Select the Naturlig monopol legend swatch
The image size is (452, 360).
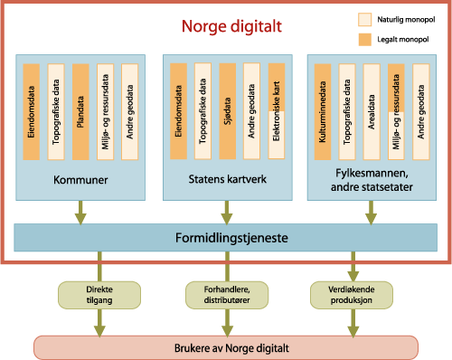(x=365, y=18)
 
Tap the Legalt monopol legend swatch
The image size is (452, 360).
(x=365, y=38)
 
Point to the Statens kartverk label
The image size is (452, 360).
(x=226, y=181)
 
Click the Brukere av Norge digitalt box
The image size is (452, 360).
(x=225, y=346)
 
